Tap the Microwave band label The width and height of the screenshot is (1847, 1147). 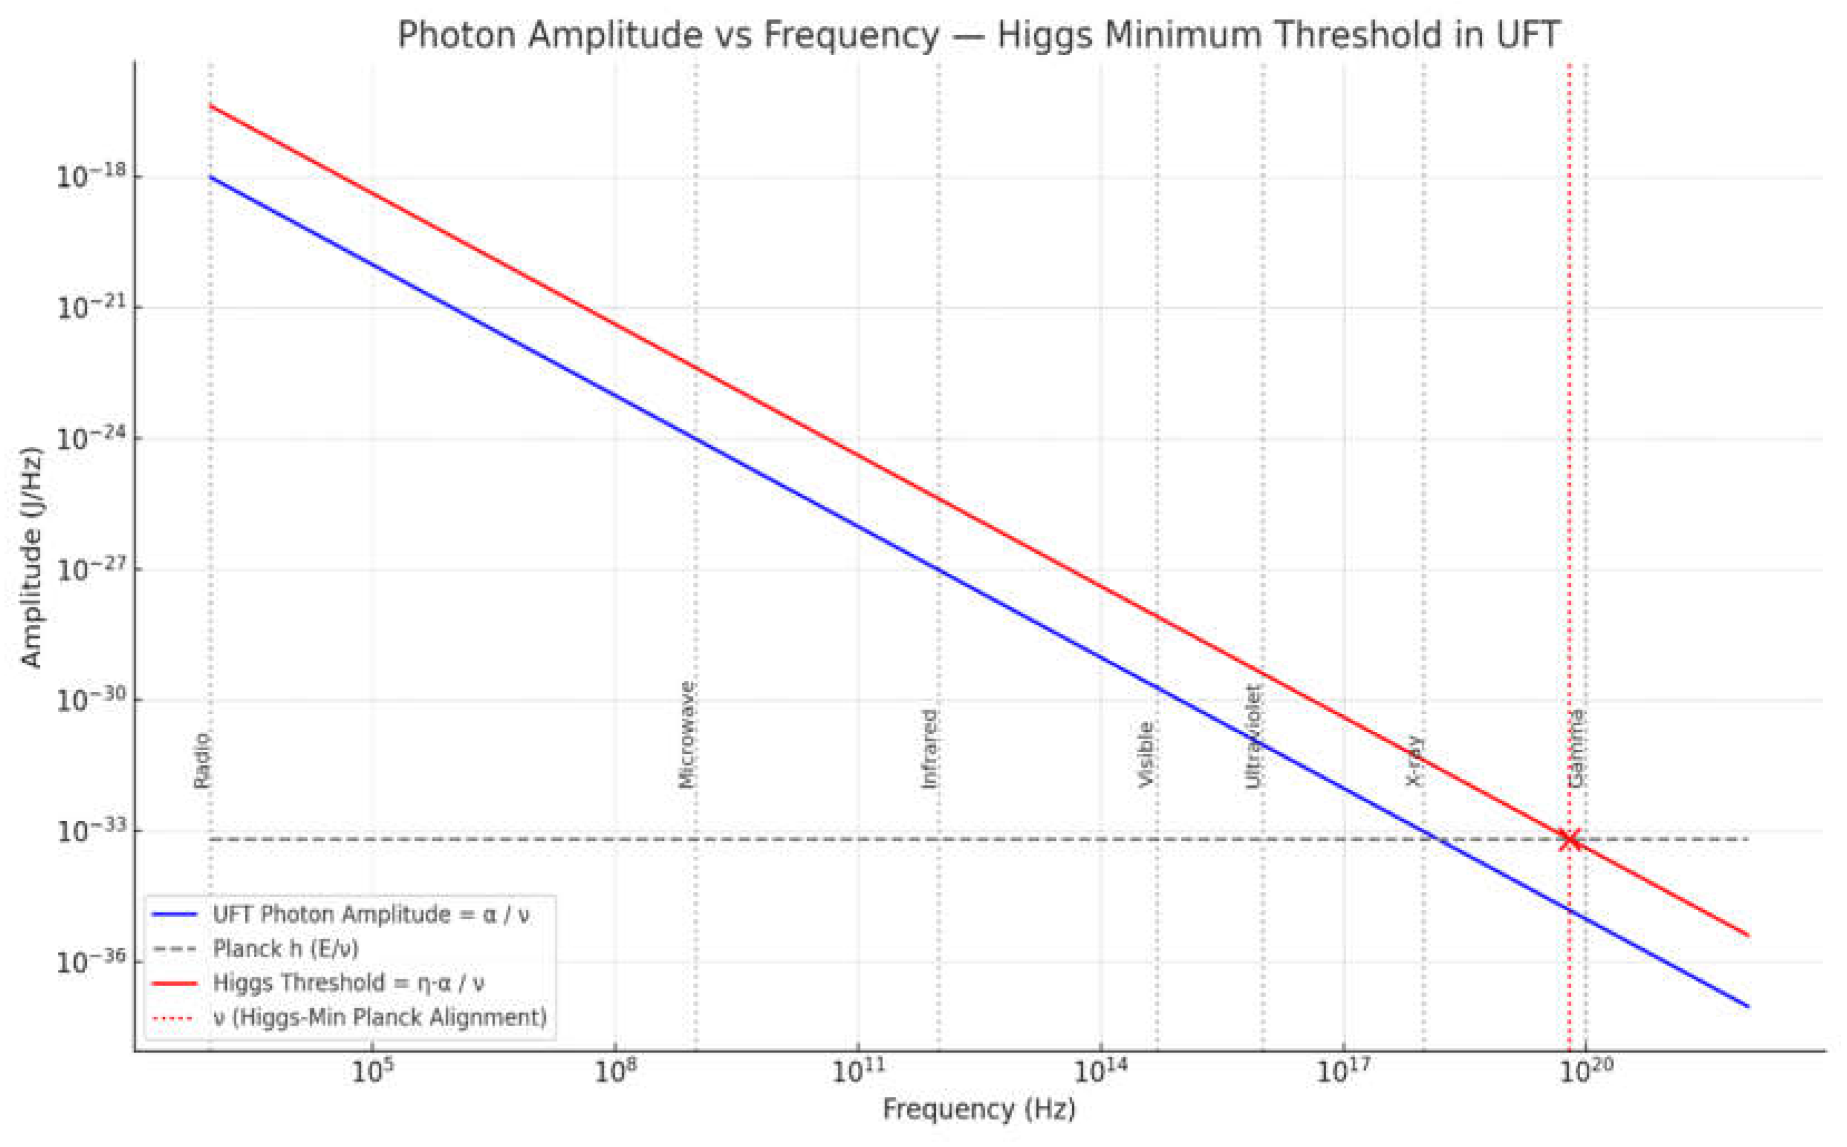pos(686,734)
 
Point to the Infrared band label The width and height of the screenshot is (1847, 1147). pos(929,748)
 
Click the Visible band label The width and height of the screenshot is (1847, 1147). pos(1146,754)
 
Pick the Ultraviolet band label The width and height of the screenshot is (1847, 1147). pos(1254,736)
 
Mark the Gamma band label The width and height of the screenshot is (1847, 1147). pos(1576,748)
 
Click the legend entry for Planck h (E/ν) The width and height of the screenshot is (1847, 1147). pos(285,948)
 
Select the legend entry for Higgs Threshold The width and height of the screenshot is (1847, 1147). pos(348,982)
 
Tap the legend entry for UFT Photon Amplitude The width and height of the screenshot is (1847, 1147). pos(370,914)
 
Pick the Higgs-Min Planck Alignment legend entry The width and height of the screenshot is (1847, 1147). pos(379,1017)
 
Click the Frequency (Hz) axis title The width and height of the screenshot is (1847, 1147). pos(979,1109)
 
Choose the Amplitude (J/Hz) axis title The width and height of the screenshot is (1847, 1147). pos(30,558)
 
